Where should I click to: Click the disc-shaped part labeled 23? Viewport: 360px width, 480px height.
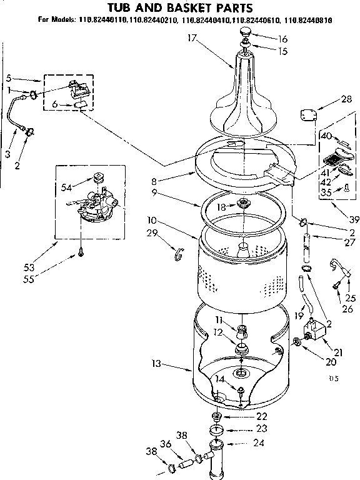point(218,429)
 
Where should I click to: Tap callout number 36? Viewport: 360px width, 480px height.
point(165,444)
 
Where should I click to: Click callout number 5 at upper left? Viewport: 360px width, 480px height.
point(8,78)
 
